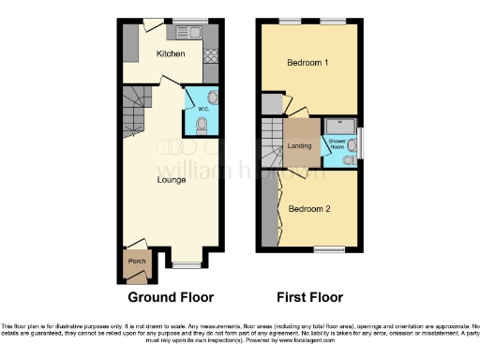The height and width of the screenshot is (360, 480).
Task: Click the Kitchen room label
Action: [171, 53]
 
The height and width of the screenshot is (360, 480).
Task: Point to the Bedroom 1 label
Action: [308, 62]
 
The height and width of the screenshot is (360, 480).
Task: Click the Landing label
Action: [300, 145]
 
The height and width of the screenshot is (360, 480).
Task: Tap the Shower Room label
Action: [336, 143]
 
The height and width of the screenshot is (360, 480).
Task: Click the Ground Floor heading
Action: [171, 297]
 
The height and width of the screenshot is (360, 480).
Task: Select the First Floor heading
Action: [308, 297]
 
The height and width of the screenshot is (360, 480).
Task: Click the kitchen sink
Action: [195, 33]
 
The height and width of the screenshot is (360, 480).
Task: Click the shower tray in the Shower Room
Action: [337, 126]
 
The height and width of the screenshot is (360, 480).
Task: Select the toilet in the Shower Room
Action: [348, 160]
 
